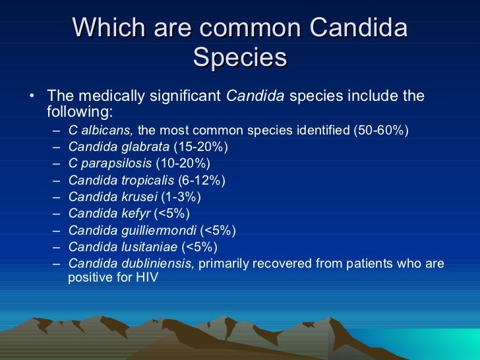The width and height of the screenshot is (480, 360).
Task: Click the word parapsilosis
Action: pyautogui.click(x=116, y=163)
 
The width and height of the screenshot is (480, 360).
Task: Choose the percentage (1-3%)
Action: pyautogui.click(x=181, y=196)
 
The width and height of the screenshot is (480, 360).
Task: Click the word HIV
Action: pyautogui.click(x=146, y=278)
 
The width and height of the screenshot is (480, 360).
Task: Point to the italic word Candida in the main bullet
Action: pyautogui.click(x=255, y=96)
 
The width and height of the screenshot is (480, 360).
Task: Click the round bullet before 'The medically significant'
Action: pyautogui.click(x=32, y=97)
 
